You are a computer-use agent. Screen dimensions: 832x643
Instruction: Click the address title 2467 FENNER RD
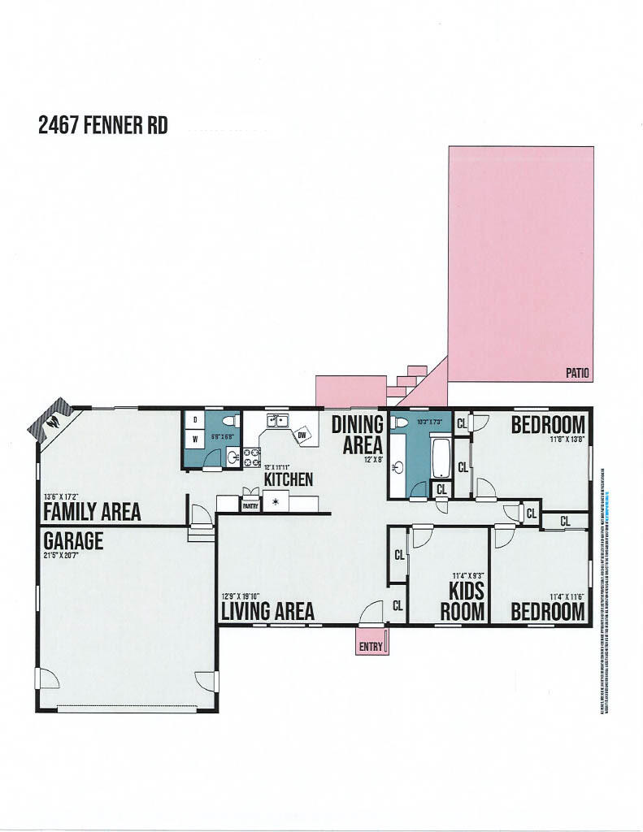(102, 127)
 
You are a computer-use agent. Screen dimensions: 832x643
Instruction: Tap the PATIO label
(577, 374)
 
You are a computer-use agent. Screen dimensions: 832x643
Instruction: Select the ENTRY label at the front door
(371, 647)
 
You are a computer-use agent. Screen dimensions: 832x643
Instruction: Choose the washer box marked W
(195, 440)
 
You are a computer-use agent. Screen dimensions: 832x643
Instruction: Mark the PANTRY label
(250, 505)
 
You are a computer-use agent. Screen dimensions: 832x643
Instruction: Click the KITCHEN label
(289, 479)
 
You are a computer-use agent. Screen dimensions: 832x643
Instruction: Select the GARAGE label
(73, 540)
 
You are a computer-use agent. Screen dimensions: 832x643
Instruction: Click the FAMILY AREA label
(92, 512)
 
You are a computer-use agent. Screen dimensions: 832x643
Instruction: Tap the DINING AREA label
(357, 435)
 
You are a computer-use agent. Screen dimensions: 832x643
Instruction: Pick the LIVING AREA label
(267, 611)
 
